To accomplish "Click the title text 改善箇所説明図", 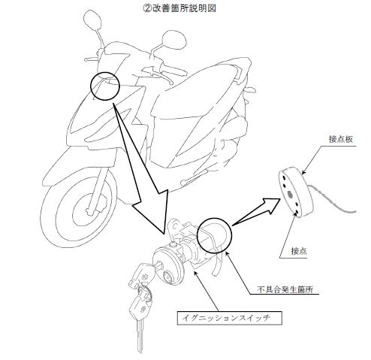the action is pos(182,8).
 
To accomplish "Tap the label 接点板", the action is pos(341,139).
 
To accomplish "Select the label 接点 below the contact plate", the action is pos(299,251).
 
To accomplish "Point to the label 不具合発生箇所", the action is pos(285,289).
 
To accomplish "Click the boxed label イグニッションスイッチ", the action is pos(230,318).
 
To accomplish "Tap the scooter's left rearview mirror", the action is pos(92,20).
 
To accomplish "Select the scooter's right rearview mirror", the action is pos(174,41).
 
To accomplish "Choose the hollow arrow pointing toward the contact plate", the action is pos(255,211).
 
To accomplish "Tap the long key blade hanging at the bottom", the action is pos(140,336).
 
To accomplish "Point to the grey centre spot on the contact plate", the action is pos(291,195).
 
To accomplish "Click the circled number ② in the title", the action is pos(146,8).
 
